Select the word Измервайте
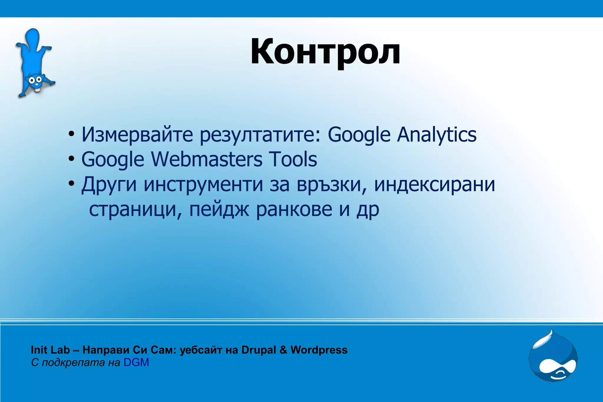click(x=137, y=135)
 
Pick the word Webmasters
click(x=207, y=159)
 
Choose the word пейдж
click(x=219, y=210)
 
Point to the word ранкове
click(x=294, y=210)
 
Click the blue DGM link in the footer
click(x=136, y=362)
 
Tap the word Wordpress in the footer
click(x=319, y=350)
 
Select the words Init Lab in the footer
click(x=50, y=350)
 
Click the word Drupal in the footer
click(x=259, y=350)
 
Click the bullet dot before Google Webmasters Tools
click(x=71, y=159)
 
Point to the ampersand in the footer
click(x=283, y=350)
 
